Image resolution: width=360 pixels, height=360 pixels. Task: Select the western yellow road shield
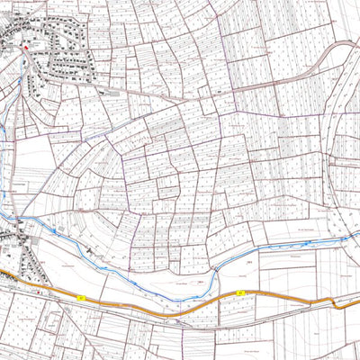click(x=80, y=296)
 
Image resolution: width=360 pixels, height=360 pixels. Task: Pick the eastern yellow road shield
click(x=240, y=294)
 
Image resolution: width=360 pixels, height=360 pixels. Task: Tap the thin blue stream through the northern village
click(x=7, y=144)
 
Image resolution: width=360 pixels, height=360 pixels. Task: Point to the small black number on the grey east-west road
click(x=219, y=91)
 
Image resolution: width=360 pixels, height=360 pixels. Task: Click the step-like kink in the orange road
click(x=337, y=303)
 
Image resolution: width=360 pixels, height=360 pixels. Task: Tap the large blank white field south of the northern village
click(x=31, y=153)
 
